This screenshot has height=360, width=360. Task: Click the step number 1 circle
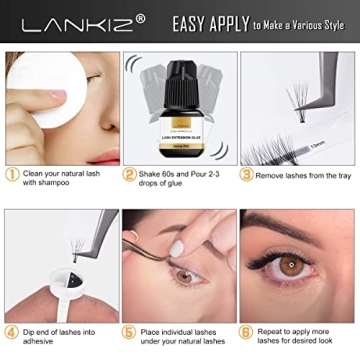click(x=11, y=173)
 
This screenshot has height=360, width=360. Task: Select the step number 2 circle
click(x=130, y=173)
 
